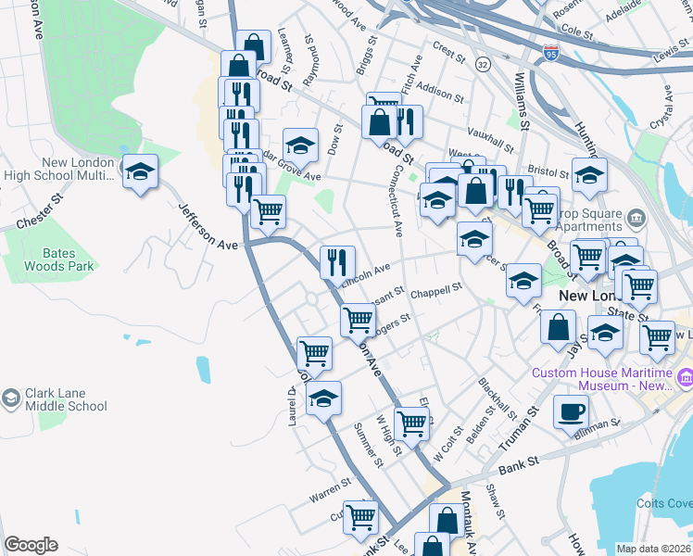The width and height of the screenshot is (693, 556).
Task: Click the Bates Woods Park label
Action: (x=57, y=259)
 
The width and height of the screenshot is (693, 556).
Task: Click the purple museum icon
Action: (x=687, y=377)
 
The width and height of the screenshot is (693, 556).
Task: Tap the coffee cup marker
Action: (x=570, y=411)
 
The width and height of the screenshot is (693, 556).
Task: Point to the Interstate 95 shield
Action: (x=551, y=53)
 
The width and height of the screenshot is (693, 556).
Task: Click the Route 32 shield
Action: (x=483, y=64)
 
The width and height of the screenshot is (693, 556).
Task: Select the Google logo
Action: (x=31, y=545)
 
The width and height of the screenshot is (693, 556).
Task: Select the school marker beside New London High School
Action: (x=141, y=171)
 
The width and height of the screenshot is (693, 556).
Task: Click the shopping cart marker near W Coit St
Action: (x=411, y=423)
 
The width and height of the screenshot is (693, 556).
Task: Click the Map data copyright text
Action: (x=653, y=549)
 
